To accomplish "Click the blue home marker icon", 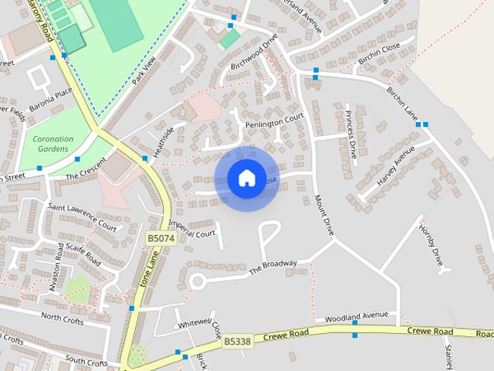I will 246,178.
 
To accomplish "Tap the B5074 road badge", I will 161,240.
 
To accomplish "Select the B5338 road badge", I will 238,340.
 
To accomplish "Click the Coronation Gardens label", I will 52,144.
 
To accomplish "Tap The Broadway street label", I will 272,267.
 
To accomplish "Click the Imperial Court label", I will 191,229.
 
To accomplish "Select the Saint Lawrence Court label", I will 82,216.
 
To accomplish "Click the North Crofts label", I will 63,317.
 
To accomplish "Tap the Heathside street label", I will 163,141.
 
